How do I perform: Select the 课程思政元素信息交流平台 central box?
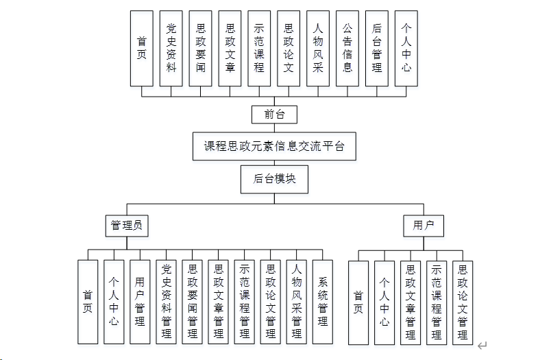pos(274,146)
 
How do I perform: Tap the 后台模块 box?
pos(274,179)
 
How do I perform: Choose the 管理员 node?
pos(127,225)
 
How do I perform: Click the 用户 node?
pos(424,225)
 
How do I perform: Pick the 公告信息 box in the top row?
pos(347,48)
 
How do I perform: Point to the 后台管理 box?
pos(377,48)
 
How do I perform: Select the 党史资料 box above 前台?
pos(171,48)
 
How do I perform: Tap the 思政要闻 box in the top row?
pos(201,48)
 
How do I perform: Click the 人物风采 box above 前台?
pos(318,48)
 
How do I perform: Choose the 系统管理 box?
pos(322,302)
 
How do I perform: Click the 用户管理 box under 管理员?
pos(140,302)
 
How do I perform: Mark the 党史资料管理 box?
pos(166,302)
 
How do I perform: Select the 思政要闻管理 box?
pos(192,302)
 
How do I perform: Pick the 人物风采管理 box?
pos(296,302)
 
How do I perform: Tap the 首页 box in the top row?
pos(142,48)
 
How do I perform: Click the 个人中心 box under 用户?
pos(384,302)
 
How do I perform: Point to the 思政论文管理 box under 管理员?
pos(270,302)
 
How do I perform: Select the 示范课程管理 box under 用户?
pos(437,302)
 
